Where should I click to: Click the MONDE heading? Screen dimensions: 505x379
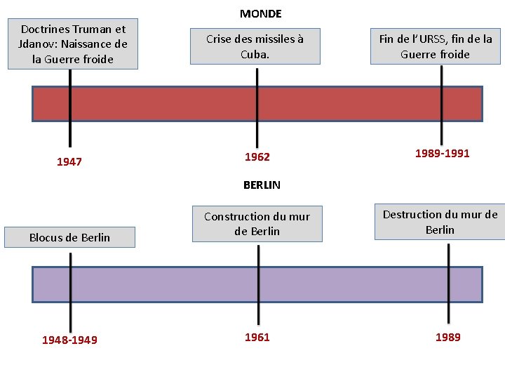pos(260,13)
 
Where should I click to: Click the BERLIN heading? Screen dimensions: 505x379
pos(262,185)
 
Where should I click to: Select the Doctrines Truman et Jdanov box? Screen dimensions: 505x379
pos(73,44)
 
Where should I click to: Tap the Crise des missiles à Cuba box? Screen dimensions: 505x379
pos(255,46)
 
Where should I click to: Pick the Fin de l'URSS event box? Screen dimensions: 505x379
pos(436,46)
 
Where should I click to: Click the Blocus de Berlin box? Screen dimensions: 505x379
pos(69,237)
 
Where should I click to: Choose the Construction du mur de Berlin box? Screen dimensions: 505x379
pos(257,224)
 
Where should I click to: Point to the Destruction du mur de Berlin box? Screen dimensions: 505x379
pos(440,222)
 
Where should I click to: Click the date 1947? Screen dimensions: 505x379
pos(69,162)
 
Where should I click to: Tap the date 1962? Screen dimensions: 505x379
pos(257,157)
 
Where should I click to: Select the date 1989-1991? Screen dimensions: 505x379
pos(442,153)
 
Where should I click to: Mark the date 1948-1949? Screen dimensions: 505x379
pos(69,340)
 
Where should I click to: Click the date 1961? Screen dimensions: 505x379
pos(257,338)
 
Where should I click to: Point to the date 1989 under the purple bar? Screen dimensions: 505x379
pos(448,338)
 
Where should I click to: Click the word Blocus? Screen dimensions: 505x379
pos(45,237)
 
